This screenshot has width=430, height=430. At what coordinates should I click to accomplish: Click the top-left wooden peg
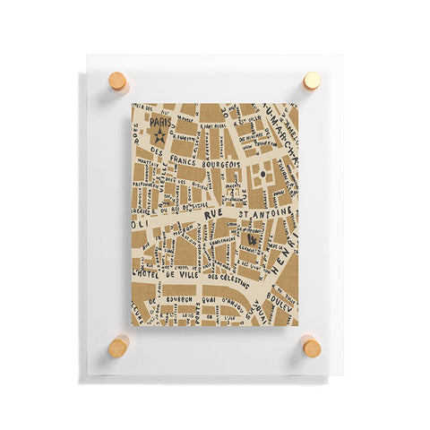[118, 82]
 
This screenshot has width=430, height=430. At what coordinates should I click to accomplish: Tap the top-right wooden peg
[312, 81]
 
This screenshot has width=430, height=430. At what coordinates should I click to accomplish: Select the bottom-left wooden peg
[118, 346]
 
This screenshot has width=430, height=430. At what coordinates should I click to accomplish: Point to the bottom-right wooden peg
[311, 346]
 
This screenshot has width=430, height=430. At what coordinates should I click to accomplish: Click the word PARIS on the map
[160, 123]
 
